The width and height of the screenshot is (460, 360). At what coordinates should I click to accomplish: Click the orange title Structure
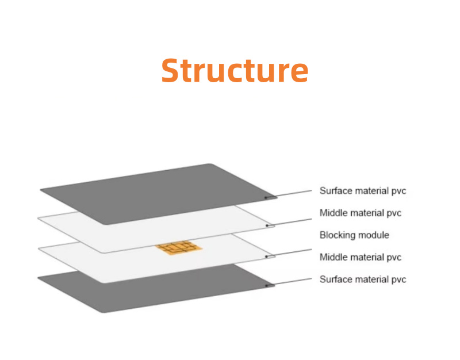coord(235,70)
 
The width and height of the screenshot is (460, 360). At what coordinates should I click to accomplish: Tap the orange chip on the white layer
coord(179,248)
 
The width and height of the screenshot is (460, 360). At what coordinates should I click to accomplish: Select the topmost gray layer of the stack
coord(159,194)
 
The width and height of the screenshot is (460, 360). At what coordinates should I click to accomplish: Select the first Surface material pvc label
coord(363,191)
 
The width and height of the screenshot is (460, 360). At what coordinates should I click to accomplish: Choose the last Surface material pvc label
coord(363,279)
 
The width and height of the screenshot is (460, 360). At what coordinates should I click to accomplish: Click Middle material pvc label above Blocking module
coord(361,213)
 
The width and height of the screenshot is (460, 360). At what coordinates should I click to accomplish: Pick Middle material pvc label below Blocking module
coord(361,257)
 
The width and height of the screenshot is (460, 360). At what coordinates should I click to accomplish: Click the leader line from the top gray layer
coord(289,194)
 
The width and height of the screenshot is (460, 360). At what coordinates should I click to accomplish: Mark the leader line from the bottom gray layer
coord(289,282)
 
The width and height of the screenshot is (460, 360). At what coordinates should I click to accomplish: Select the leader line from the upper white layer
coord(290,222)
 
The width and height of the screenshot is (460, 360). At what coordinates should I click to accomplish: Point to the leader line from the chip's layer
coord(289,253)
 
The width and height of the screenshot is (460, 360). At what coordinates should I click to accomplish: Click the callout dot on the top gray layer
coord(266,198)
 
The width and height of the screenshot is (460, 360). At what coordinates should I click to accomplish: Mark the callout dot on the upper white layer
coord(267,225)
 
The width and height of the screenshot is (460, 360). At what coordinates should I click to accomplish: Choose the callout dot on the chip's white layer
coord(266,256)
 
